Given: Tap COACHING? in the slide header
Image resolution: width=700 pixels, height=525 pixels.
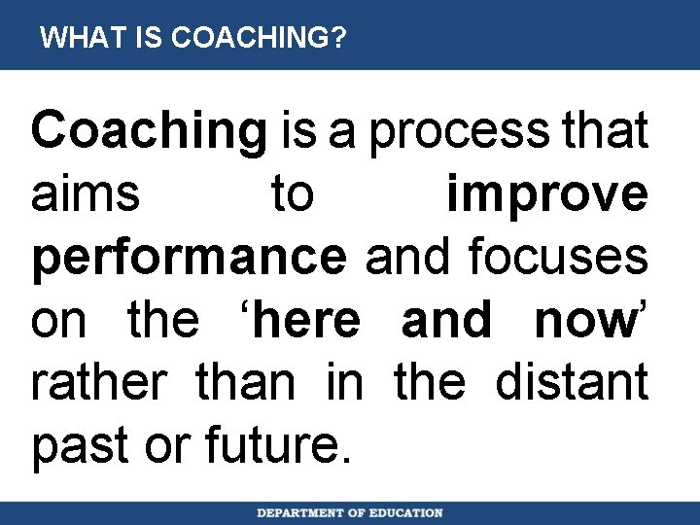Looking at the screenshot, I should [258, 38].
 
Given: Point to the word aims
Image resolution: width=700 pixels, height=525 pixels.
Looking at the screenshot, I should [85, 193].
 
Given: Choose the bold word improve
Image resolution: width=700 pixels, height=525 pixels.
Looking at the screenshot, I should [547, 193].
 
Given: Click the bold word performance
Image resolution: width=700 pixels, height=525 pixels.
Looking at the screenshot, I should [189, 257].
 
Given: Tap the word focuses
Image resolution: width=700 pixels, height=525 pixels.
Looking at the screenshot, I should [558, 257].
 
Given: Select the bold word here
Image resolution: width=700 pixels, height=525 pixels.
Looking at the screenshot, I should [310, 319].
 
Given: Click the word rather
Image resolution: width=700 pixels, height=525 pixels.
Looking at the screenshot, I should [105, 381].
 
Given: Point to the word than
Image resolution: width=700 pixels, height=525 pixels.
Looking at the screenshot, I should [245, 381].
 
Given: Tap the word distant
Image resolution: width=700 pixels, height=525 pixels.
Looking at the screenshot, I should [572, 381].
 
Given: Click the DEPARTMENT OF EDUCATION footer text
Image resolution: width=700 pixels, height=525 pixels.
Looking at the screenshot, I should [350, 512].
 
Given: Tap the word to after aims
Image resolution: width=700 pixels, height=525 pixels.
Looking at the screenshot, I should [293, 193].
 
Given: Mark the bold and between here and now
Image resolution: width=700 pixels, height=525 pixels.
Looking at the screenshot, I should [446, 319].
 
